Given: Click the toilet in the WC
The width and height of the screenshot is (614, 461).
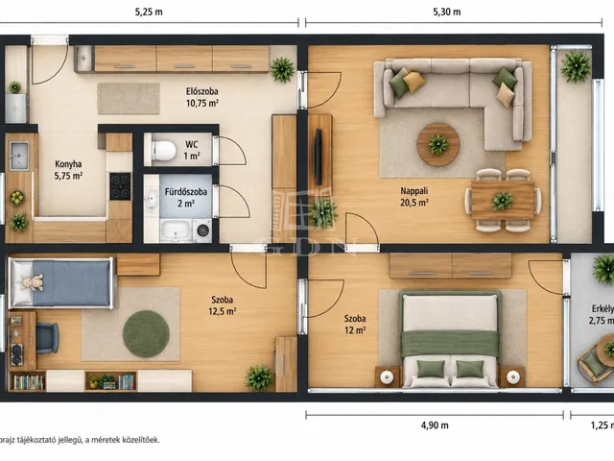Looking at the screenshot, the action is [x=163, y=150].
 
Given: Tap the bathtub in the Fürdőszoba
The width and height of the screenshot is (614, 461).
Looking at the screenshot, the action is [x=176, y=230].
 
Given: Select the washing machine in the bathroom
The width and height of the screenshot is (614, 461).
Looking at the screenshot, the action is [x=202, y=230].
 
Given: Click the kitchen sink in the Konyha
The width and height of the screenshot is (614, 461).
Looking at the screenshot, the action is [x=19, y=156].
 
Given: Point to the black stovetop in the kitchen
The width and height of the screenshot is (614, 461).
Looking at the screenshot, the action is [x=120, y=186].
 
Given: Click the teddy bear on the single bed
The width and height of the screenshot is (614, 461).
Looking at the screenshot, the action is [x=32, y=281].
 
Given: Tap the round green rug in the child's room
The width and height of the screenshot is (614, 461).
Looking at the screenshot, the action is [x=146, y=334].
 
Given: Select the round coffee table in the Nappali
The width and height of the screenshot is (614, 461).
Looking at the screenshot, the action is [x=438, y=144].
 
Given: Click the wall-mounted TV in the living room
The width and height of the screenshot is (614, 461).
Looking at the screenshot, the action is [x=319, y=157].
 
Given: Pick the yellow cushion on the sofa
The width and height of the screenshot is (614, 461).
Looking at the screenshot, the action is [x=413, y=82].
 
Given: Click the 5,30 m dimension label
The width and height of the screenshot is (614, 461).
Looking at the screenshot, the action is [x=447, y=12].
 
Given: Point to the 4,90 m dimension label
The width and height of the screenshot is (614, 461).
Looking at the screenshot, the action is [x=435, y=425].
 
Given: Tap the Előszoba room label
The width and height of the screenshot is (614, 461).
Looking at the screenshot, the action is [x=202, y=92].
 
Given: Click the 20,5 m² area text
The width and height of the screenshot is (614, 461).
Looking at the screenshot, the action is [x=413, y=203].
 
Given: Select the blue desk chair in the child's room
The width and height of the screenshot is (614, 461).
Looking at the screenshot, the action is [x=47, y=338].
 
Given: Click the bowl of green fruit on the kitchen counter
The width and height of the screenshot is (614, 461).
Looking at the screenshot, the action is [x=17, y=198].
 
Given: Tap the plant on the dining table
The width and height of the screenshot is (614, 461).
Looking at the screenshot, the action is [x=503, y=201].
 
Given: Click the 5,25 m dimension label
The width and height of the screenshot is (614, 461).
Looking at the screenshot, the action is [x=149, y=12].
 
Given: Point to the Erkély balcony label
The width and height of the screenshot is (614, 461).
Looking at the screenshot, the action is [x=602, y=309].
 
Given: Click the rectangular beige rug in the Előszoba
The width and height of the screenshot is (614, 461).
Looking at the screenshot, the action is [x=129, y=98].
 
